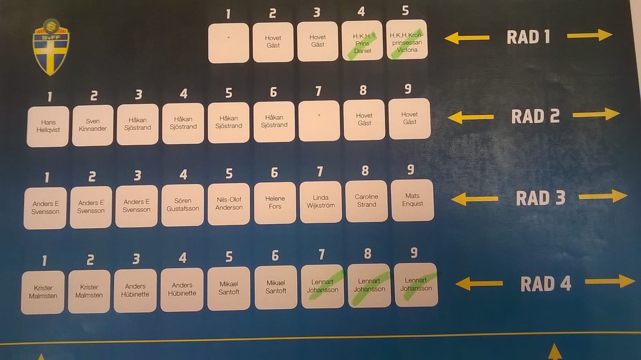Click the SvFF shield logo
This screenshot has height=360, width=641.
51,47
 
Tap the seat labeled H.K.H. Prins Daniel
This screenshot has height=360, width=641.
362,41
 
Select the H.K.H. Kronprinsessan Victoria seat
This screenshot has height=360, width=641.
407,40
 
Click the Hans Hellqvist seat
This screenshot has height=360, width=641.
48,127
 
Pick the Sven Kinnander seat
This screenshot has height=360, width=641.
92,126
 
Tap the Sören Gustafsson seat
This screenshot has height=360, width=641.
183,205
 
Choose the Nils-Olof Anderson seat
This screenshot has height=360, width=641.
229,204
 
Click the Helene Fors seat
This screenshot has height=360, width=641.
275,203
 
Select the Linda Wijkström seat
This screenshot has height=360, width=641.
320,202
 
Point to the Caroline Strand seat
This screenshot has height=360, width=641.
366,201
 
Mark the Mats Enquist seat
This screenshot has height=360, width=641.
412,200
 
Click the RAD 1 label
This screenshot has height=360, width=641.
528,37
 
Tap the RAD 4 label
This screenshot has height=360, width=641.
546,284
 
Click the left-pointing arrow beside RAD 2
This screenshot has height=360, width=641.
471,117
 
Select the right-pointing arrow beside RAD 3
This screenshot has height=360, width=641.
603,196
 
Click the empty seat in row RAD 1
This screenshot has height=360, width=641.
229,43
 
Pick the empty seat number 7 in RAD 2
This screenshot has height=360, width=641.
319,121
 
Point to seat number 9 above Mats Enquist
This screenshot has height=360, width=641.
411,169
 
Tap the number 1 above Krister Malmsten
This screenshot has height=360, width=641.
44,261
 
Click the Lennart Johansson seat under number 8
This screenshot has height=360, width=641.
369,286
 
